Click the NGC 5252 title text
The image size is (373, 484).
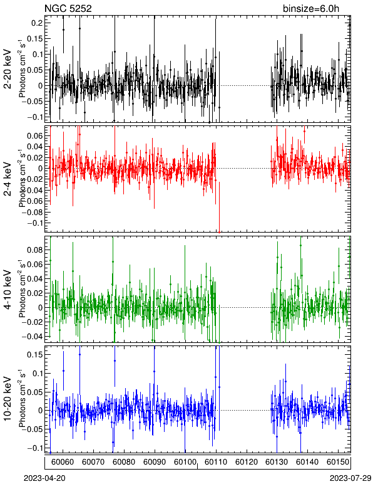click(68, 8)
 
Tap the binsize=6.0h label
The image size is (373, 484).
click(311, 8)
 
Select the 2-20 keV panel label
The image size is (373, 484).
click(8, 70)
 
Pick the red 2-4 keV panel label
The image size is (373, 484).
click(8, 179)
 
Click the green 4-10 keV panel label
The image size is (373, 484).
click(8, 290)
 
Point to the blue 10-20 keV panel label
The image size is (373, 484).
click(8, 399)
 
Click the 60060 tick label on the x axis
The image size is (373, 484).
click(63, 462)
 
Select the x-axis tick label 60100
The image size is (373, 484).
click(185, 462)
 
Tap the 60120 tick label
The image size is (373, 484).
click(247, 462)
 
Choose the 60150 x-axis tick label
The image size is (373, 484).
click(338, 462)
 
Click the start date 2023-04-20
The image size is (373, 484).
click(44, 478)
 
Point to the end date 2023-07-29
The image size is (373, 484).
click(350, 478)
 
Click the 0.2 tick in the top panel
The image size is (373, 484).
click(38, 23)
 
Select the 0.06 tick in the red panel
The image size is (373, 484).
click(36, 136)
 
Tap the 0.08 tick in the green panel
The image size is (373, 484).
click(36, 250)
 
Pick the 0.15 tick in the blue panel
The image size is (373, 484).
click(36, 355)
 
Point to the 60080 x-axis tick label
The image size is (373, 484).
click(124, 462)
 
